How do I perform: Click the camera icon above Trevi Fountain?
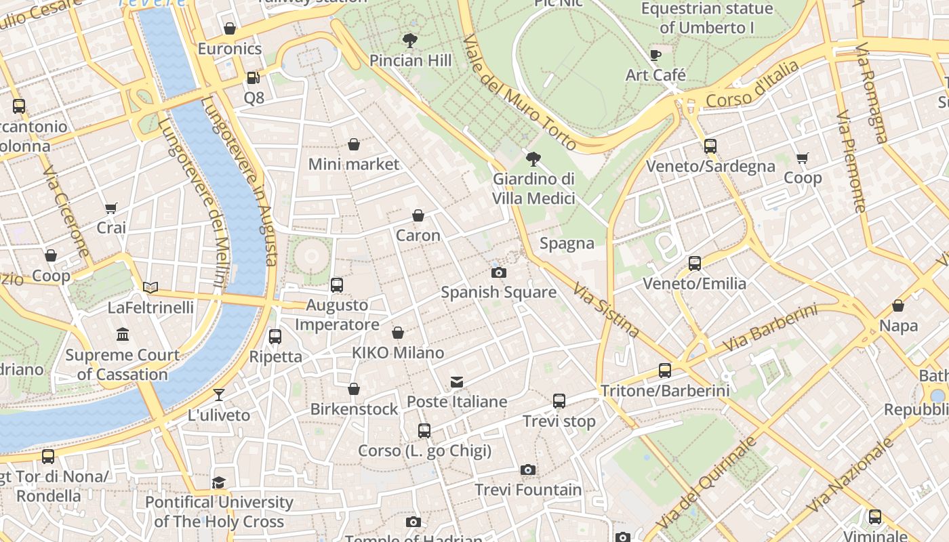click(x=528, y=470)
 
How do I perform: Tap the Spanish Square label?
click(x=498, y=293)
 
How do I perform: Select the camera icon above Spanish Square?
click(x=498, y=273)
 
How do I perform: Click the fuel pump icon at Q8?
click(x=253, y=78)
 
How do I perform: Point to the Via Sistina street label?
click(x=606, y=310)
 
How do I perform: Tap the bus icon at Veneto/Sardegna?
click(x=710, y=146)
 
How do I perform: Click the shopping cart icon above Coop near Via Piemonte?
click(x=803, y=159)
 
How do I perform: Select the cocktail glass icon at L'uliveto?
click(x=218, y=395)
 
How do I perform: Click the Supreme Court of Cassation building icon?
click(x=123, y=335)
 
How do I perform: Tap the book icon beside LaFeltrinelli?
click(x=150, y=288)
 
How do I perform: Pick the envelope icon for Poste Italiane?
click(x=457, y=382)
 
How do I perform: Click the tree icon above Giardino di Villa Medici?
click(x=533, y=160)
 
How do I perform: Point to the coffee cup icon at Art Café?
click(x=655, y=56)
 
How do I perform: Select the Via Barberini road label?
click(x=770, y=329)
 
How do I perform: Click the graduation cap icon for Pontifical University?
click(x=218, y=482)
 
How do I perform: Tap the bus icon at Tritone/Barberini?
click(x=664, y=371)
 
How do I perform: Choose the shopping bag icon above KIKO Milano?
click(x=398, y=333)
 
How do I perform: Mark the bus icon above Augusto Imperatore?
click(x=337, y=285)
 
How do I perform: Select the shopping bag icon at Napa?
click(x=898, y=306)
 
